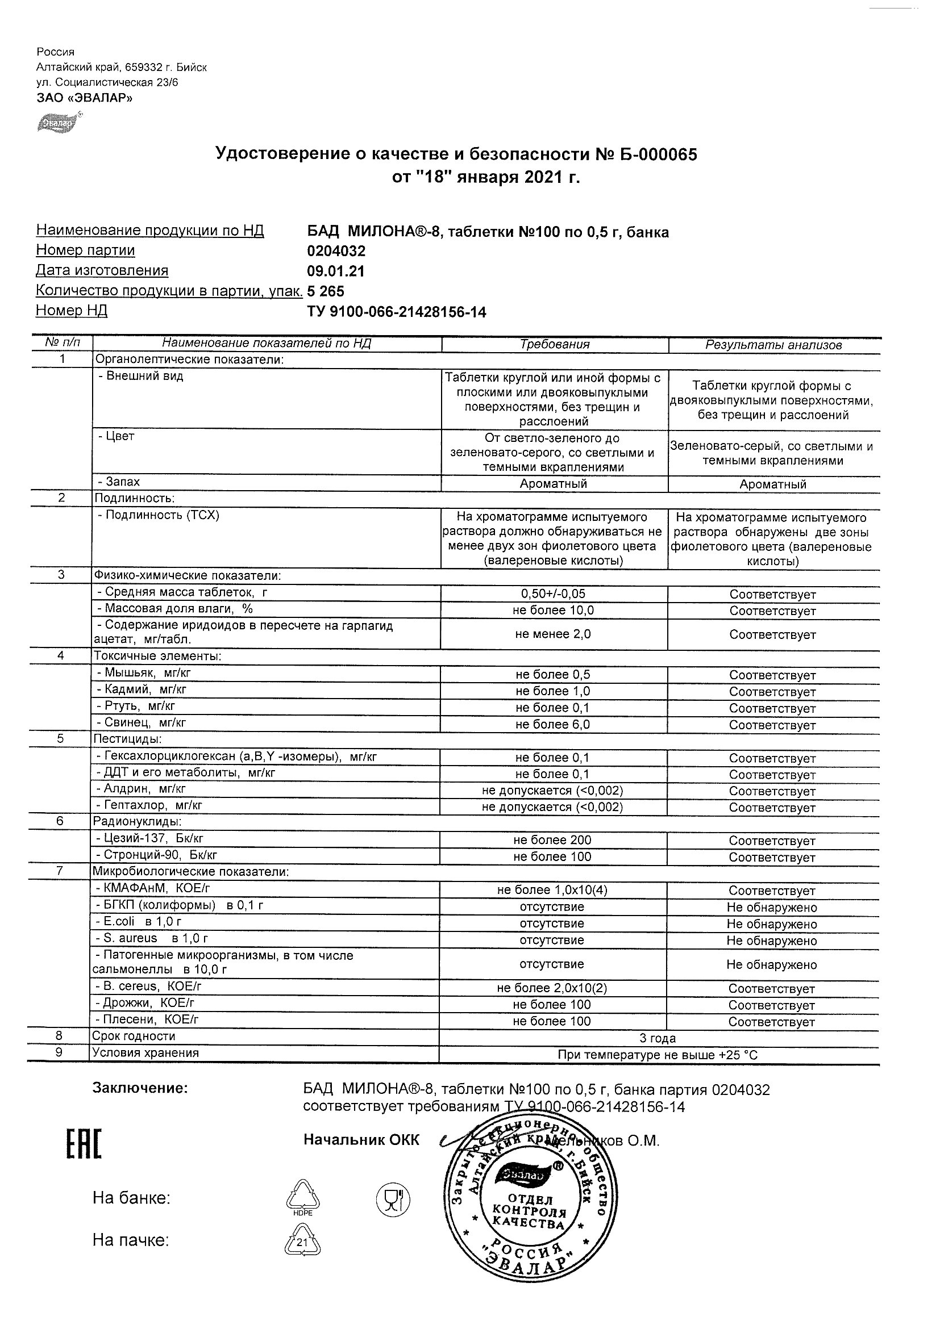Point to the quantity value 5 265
[326, 291]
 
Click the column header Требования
[554, 344]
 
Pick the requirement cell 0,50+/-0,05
[554, 594]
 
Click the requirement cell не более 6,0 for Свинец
[553, 724]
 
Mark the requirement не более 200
[552, 840]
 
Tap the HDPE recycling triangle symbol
[302, 1196]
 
